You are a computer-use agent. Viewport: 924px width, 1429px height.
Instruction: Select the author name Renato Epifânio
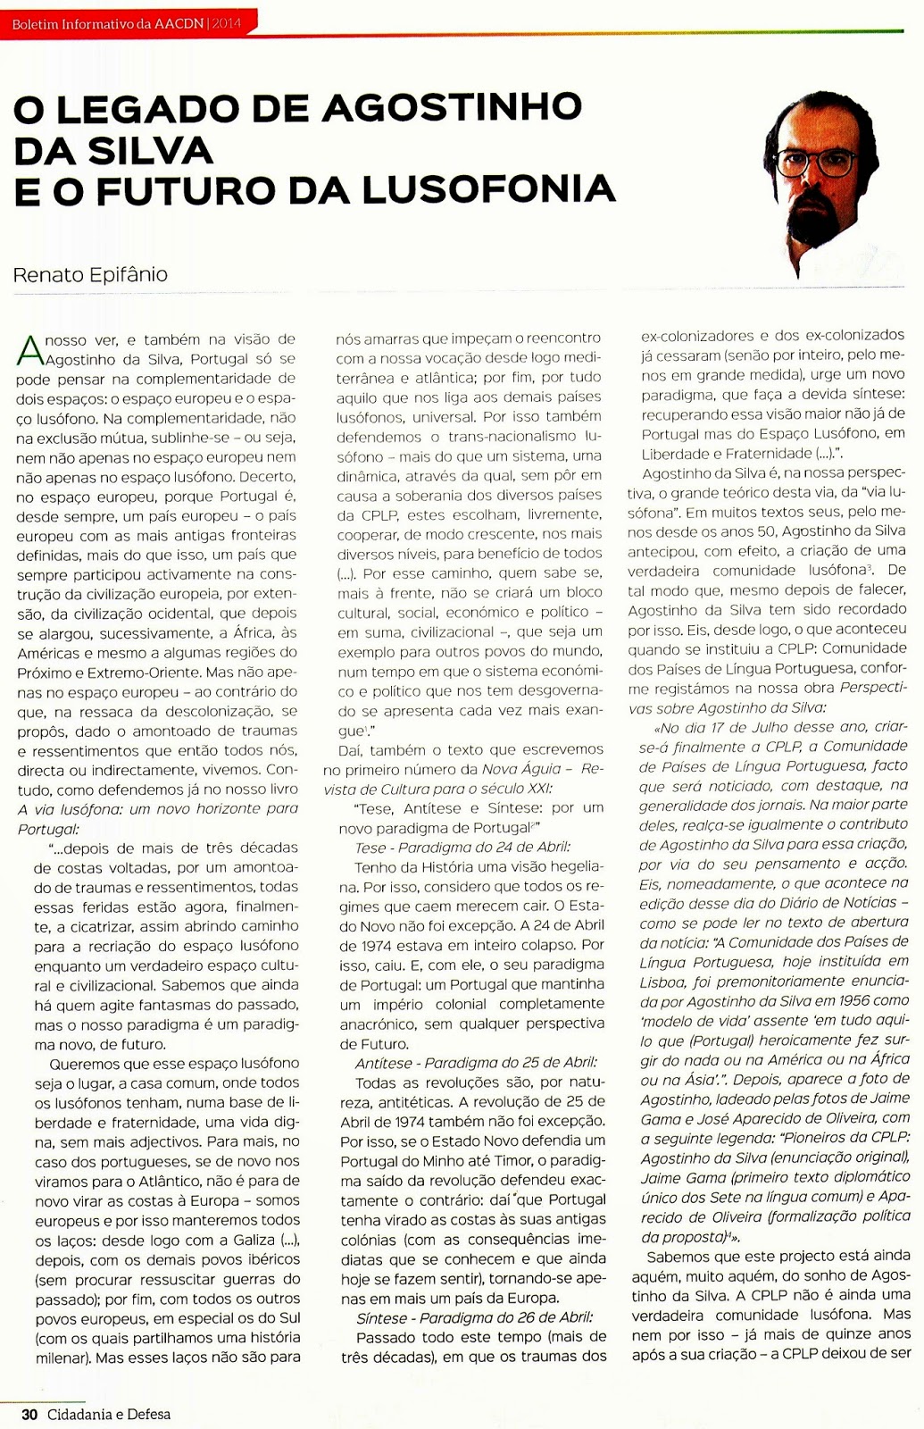coord(90,274)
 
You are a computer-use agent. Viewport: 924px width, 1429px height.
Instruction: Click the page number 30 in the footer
coord(29,1414)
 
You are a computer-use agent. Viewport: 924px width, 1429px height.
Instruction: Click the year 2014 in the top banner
coord(226,23)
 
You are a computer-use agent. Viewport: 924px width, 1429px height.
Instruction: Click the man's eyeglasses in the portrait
coord(814,163)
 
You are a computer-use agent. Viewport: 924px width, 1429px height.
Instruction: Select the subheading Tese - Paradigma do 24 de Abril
coord(462,847)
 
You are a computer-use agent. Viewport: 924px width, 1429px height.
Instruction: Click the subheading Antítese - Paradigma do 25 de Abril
coord(476,1062)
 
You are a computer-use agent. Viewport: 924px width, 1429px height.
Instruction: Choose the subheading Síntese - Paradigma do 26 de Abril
coord(474,1316)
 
